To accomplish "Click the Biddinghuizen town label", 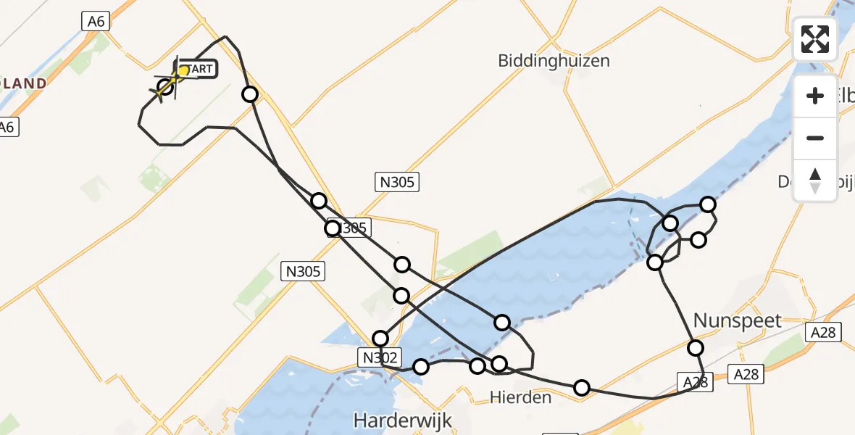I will [554, 61].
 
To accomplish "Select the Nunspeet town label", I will [738, 320].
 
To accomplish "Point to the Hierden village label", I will [520, 397].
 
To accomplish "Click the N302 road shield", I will [378, 356].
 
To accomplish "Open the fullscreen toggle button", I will [814, 39].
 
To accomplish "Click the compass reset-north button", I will [814, 181].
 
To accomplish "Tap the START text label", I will [198, 70].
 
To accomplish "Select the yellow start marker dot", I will [183, 71].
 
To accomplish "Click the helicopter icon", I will [166, 87].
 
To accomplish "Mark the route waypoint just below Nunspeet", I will [696, 348].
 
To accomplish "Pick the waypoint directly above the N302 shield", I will [380, 338].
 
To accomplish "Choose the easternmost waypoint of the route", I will [708, 204].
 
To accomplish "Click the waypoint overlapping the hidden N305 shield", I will [333, 228].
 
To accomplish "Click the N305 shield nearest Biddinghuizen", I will [397, 182].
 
